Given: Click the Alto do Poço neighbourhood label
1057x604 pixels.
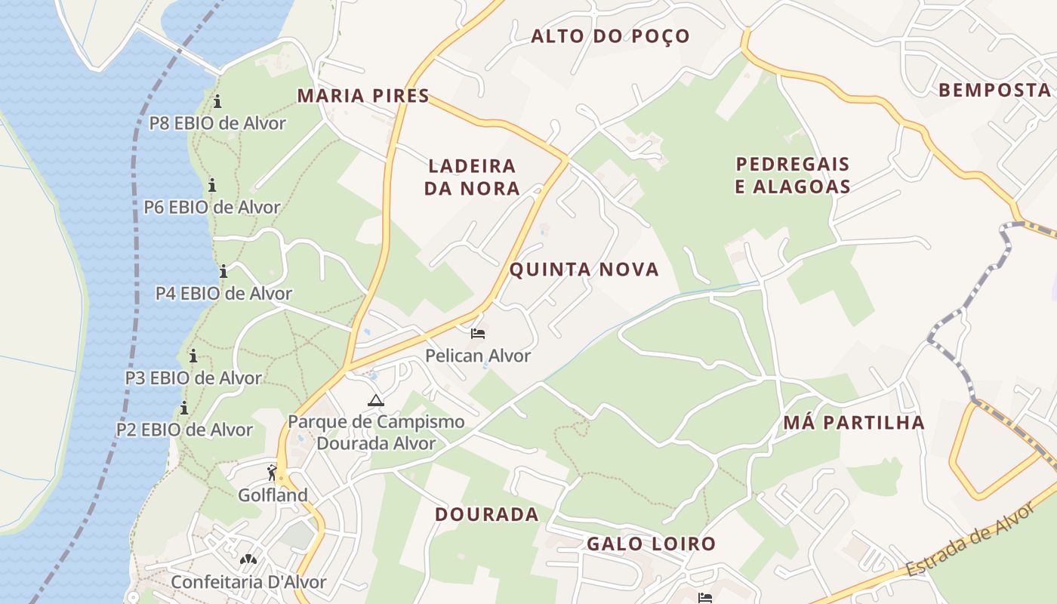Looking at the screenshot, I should tap(610, 36).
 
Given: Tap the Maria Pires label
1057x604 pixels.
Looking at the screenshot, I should tap(363, 96).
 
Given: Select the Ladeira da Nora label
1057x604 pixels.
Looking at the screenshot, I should tap(472, 177).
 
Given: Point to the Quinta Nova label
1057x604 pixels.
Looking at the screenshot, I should tap(584, 270).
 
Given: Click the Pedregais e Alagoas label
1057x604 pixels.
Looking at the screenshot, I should tap(793, 175).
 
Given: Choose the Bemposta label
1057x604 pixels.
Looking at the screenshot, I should tap(994, 91).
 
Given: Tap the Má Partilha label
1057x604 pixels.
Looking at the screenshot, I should tap(854, 422).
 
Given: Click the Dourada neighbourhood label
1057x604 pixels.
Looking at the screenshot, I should tap(487, 514).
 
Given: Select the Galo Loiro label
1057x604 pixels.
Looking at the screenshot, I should tap(651, 544).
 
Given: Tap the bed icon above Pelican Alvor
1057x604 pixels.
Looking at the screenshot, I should tap(477, 333).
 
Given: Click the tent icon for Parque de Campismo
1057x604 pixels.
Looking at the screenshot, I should tap(375, 400).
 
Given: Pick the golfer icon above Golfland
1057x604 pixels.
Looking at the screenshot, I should tap(272, 473).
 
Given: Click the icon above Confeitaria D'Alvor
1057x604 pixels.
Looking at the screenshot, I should tap(248, 559).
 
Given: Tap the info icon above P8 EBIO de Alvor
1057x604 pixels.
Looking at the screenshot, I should tap(217, 101).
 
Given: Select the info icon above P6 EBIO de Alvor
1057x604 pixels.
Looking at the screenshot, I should tap(212, 185).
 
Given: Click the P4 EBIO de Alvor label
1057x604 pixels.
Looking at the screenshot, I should tap(223, 293).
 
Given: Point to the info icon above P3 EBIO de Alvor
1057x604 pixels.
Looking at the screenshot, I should tap(193, 356).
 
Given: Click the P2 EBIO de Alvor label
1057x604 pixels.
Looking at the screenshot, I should tap(184, 430).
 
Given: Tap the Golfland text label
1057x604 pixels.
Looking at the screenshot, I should tap(273, 495).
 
